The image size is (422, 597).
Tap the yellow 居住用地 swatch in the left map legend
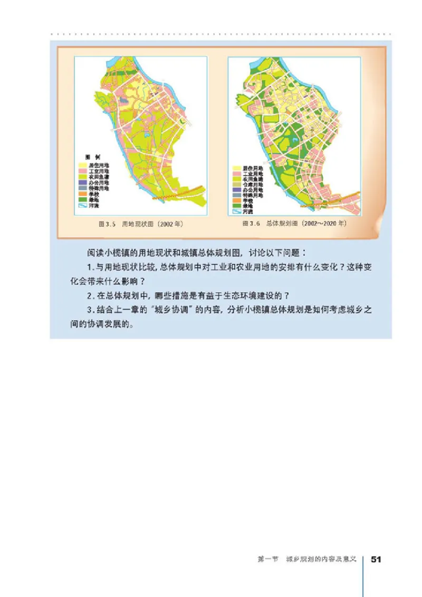(x=82, y=165)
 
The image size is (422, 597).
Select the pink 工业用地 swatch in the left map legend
(x=82, y=171)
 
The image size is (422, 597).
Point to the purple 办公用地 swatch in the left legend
(x=82, y=182)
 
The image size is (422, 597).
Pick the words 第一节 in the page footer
(x=264, y=559)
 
